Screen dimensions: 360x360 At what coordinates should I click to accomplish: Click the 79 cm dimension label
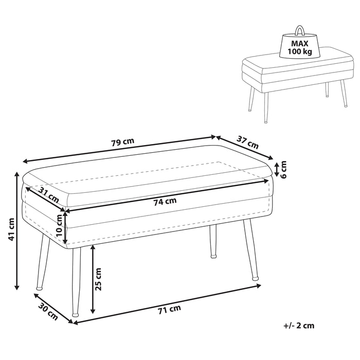122,142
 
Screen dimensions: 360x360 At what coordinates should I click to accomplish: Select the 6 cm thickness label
284,169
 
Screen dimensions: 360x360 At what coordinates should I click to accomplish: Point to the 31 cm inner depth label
48,195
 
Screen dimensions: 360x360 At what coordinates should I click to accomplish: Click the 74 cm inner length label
165,202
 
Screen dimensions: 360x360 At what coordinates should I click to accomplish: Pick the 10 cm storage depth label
59,225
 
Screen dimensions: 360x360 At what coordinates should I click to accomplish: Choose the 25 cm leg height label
98,279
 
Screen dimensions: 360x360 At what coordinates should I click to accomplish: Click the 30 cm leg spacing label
48,311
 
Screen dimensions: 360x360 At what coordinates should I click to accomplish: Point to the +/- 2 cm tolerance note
299,326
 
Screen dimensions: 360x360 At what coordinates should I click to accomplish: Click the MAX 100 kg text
300,47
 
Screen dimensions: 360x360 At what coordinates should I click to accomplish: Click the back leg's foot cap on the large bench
213,256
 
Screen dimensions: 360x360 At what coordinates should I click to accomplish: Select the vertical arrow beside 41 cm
17,230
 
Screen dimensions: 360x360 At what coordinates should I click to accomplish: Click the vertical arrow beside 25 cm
93,279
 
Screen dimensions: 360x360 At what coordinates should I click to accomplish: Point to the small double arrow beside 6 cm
277,169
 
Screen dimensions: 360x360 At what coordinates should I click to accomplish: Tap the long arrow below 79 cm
119,149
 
